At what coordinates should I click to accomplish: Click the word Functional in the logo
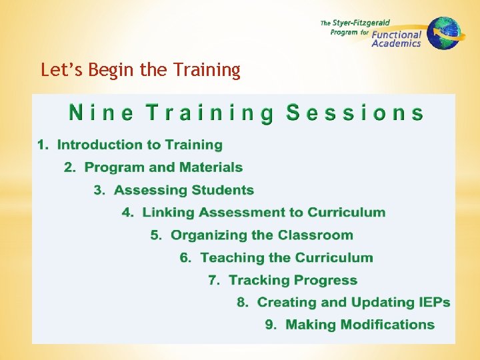[x=397, y=35]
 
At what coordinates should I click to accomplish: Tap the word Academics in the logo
[x=396, y=44]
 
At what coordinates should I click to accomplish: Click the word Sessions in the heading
[x=355, y=113]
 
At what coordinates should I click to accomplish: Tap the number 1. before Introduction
[x=43, y=145]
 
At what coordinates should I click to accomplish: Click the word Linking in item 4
[x=167, y=213]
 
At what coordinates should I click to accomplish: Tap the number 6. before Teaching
[x=186, y=258]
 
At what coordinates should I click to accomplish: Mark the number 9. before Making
[x=271, y=325]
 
